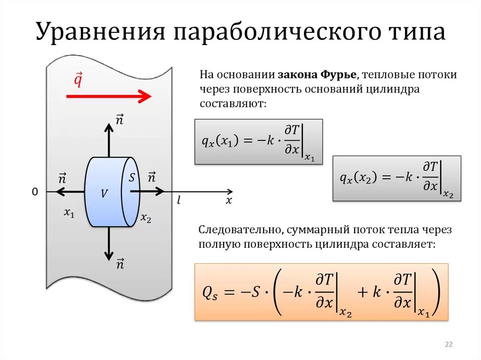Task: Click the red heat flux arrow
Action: coord(109,97)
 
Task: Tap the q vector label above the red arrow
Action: coord(78,80)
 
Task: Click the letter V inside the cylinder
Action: coord(104,193)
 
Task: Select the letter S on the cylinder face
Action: coord(132,177)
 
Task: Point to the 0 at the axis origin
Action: coord(34,192)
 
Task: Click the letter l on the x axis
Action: coord(179,200)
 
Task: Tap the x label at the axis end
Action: coord(229,200)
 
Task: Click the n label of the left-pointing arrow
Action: coord(62,178)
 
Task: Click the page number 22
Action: coord(448,345)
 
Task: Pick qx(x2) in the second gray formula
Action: coord(359,179)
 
